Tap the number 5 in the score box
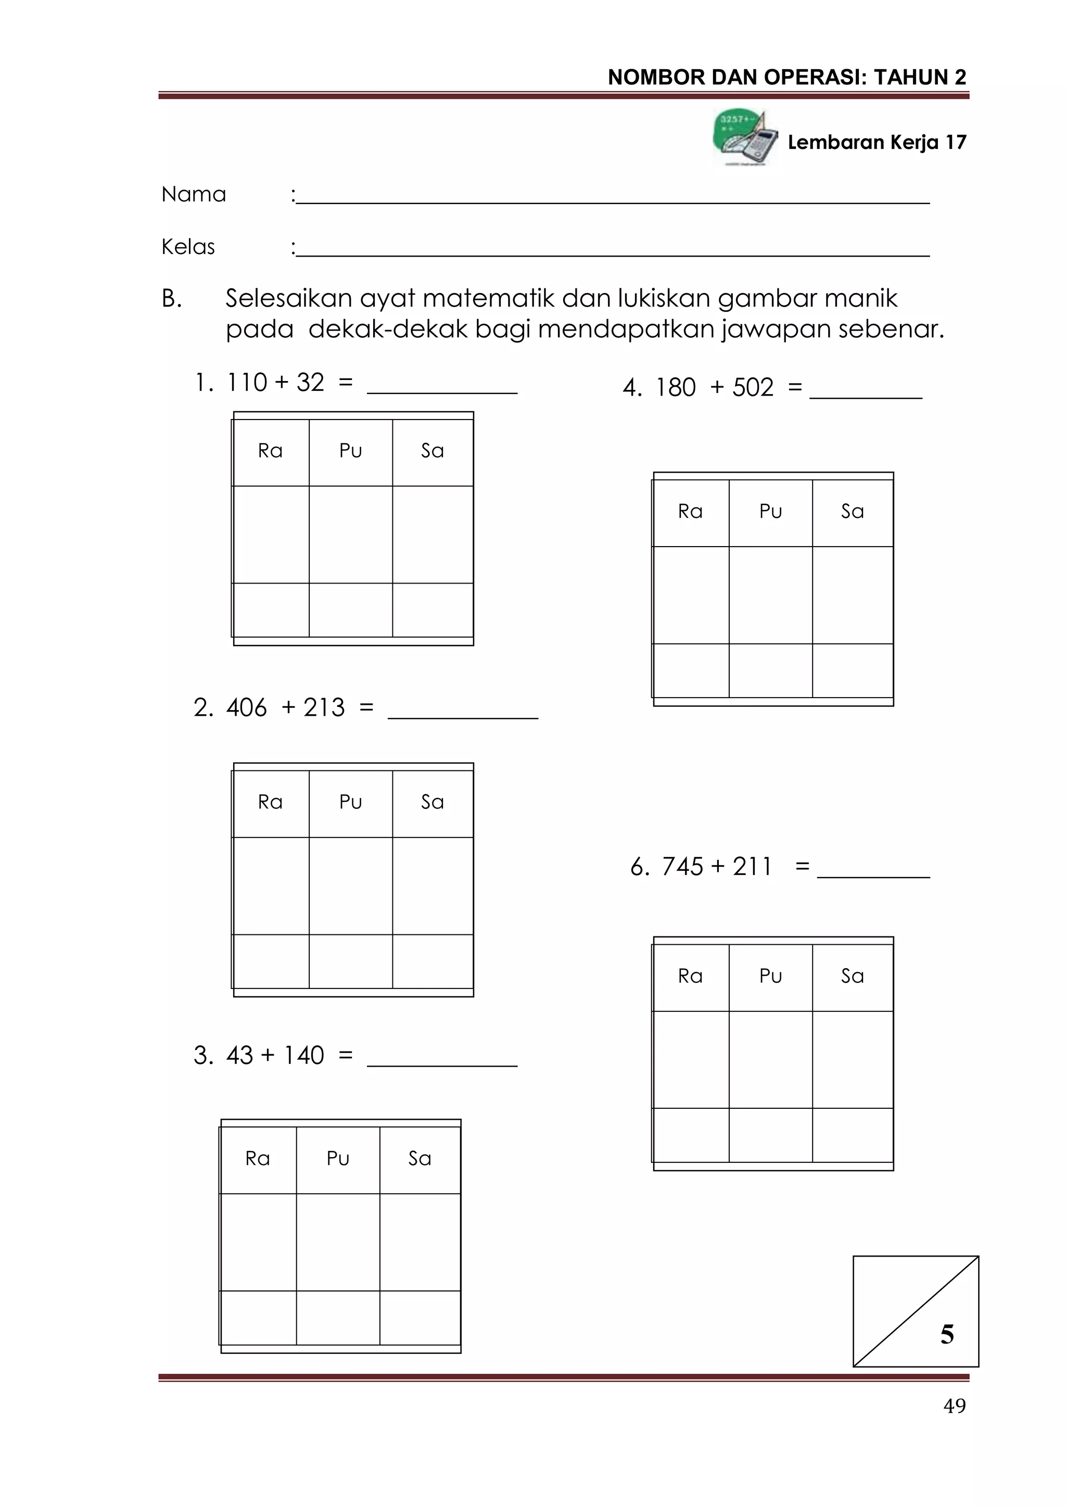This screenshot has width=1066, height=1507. (x=946, y=1334)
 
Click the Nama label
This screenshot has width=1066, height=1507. (x=194, y=194)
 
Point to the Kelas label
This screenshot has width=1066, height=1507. (x=188, y=247)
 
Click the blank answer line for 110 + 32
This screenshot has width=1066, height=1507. (x=442, y=387)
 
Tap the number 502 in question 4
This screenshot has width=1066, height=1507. (x=753, y=388)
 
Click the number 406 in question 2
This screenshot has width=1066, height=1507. (x=246, y=707)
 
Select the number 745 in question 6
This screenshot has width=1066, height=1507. (x=683, y=866)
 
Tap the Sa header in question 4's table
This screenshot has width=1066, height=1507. (x=852, y=511)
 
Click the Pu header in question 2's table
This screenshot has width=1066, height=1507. (x=350, y=802)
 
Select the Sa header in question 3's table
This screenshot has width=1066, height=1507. (x=420, y=1158)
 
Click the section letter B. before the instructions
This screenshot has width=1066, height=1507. (x=171, y=299)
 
